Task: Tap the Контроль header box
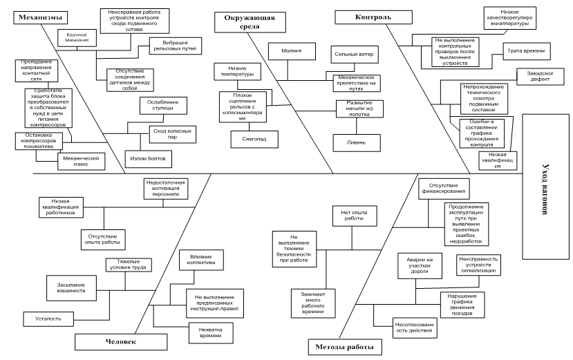click(363, 15)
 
